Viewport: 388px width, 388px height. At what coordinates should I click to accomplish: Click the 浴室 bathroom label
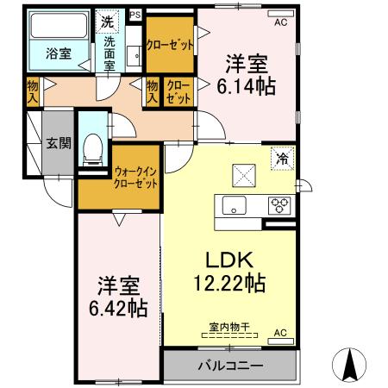pos(58,53)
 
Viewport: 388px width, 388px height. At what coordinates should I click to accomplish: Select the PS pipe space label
pos(134,15)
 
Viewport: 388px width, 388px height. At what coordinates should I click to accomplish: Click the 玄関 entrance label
pos(58,144)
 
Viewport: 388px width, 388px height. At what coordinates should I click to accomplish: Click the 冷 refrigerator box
pos(281,158)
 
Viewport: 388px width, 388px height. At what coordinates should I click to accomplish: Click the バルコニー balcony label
pos(230,366)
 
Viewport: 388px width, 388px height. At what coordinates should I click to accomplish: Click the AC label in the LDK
pos(280,332)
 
